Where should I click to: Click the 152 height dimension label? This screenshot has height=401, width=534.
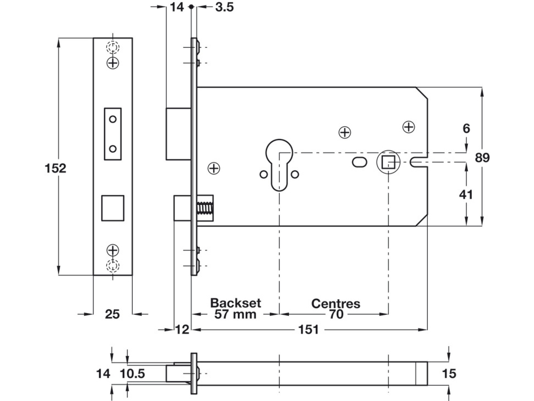click(55, 168)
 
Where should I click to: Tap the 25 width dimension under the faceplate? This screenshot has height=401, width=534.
click(112, 314)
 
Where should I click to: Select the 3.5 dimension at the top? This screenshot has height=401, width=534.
click(225, 7)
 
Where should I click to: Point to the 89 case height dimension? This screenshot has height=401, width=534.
click(482, 157)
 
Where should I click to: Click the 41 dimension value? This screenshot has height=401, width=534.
click(466, 195)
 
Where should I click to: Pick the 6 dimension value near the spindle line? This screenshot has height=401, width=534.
click(466, 129)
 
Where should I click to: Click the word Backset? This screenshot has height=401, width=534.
click(236, 303)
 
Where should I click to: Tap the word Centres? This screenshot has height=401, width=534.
click(336, 304)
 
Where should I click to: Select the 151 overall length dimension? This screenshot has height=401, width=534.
click(309, 329)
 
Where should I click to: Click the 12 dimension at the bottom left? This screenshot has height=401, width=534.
click(182, 329)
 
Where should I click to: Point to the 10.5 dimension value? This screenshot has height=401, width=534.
click(132, 374)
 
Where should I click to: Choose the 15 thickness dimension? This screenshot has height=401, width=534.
click(449, 374)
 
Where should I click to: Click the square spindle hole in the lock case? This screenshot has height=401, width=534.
click(388, 162)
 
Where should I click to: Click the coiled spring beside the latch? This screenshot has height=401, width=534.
click(205, 208)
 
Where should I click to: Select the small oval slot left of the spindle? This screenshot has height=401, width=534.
click(360, 162)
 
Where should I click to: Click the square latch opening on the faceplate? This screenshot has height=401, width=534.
click(113, 208)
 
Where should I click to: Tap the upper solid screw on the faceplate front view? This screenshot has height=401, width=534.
click(113, 63)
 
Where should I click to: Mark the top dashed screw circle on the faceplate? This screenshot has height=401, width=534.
click(113, 47)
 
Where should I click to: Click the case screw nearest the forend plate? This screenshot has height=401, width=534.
click(214, 168)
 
